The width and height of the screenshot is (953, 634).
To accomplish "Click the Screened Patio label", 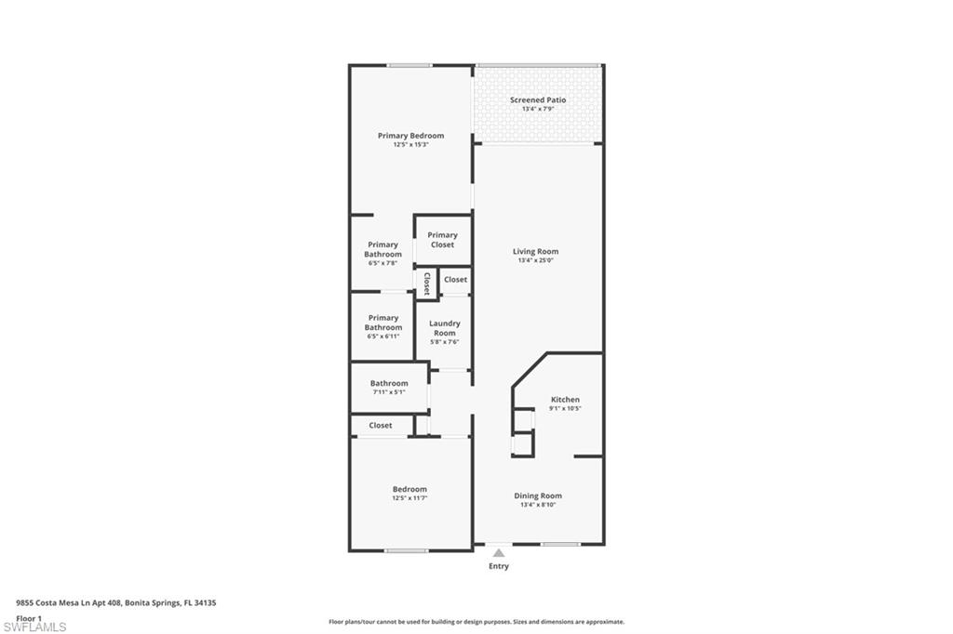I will pos(538,99).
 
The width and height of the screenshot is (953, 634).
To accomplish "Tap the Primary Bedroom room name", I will pos(410,136).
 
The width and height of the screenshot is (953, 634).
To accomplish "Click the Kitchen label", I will pos(565,400).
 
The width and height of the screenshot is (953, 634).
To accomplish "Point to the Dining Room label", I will pos(538,495).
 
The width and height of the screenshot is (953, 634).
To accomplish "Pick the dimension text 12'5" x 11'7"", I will pos(409,498).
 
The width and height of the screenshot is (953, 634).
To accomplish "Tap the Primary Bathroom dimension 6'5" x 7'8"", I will pos(383,263).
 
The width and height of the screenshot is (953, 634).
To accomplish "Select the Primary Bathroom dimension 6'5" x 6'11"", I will pos(383,336).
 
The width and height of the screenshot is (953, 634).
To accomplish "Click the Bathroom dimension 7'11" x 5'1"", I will pos(389,391).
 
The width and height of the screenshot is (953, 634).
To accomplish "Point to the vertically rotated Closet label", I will pos(427,284).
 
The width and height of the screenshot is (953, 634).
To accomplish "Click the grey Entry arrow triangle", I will pos(499,553).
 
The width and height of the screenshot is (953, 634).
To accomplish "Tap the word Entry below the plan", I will pos(499,566).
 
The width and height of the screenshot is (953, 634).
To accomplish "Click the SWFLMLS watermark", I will pos(34,627).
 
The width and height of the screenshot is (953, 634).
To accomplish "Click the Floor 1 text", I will pos(29,617).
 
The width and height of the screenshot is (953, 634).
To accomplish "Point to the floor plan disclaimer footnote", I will pos(476,622).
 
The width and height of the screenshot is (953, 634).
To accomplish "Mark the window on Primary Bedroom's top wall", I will pos(409,65).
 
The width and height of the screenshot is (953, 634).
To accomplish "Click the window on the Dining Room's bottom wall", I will pos(561,545).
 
